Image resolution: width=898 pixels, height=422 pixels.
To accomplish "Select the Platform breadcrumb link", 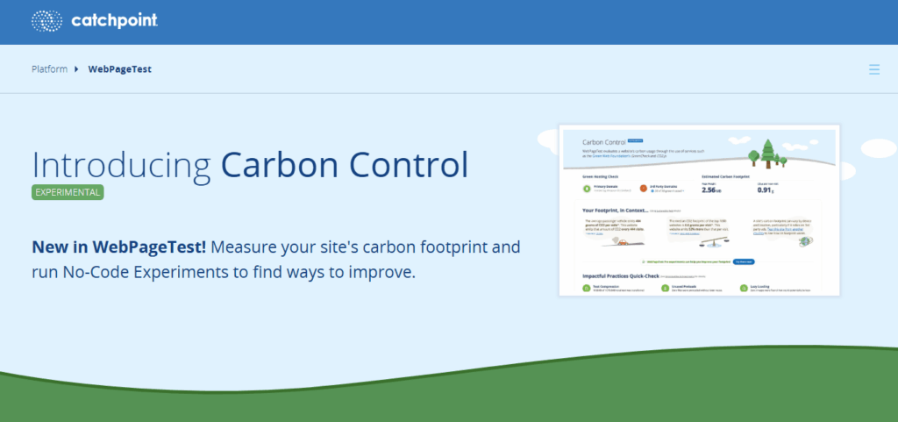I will [49, 68].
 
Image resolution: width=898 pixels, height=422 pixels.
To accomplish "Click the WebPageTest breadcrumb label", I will [119, 68].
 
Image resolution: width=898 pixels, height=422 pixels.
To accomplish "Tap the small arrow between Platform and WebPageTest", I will [77, 68].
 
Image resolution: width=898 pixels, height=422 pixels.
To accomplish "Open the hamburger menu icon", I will [873, 68].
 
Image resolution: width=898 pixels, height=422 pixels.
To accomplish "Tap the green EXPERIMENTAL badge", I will [68, 191].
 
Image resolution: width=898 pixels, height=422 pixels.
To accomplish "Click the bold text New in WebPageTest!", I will [118, 247].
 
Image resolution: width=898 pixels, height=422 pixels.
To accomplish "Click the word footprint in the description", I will [458, 247].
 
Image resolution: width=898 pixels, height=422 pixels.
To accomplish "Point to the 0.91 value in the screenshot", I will [764, 189].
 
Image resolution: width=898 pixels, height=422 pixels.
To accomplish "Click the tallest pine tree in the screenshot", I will [768, 149].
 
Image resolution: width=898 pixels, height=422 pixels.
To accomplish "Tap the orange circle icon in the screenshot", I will [643, 188].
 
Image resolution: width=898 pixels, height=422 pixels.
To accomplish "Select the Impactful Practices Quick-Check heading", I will [622, 275].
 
